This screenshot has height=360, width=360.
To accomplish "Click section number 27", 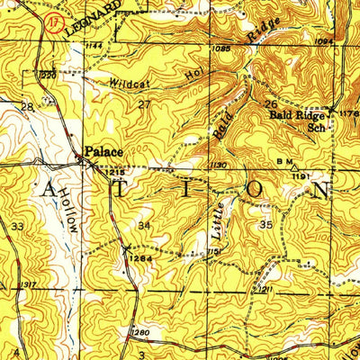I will [144, 104].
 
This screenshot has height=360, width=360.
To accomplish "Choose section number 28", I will [27, 107].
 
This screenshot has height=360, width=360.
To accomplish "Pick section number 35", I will [265, 223].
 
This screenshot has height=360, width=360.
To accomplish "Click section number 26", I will [269, 104].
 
